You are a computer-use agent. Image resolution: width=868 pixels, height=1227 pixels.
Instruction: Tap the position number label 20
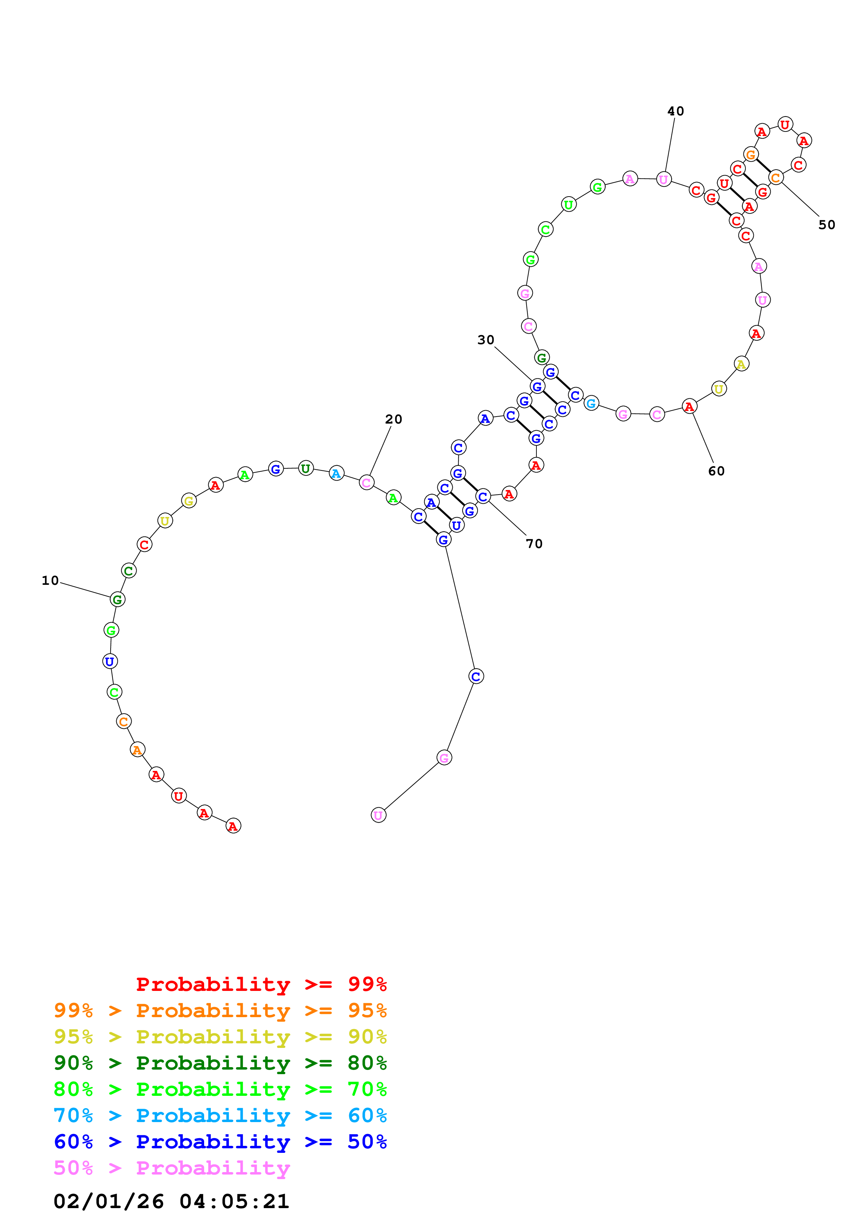click(x=394, y=419)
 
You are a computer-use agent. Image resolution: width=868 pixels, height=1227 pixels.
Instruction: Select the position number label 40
click(x=675, y=111)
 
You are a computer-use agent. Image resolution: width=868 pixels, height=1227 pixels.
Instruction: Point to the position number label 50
click(x=827, y=225)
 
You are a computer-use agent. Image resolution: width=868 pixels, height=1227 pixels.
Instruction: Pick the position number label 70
click(x=534, y=544)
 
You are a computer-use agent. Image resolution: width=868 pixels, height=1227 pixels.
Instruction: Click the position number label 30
click(x=486, y=340)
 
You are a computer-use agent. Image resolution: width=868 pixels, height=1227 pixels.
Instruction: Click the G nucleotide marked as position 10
click(x=118, y=599)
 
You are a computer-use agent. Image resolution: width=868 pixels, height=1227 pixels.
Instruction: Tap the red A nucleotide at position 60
click(x=689, y=407)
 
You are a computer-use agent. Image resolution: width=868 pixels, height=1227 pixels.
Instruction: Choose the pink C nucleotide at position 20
click(x=366, y=483)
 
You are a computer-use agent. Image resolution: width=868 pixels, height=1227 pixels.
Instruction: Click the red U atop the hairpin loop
click(x=785, y=125)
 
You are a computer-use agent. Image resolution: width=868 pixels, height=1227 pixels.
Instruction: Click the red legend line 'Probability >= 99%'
click(x=261, y=984)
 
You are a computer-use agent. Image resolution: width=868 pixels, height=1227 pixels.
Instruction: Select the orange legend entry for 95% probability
click(x=220, y=1010)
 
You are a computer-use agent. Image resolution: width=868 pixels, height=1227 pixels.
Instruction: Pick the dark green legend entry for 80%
click(x=220, y=1063)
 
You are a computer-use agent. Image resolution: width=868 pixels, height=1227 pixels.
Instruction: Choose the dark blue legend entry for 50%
click(x=220, y=1142)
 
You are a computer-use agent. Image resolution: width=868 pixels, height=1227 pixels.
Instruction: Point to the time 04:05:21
click(x=234, y=1201)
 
